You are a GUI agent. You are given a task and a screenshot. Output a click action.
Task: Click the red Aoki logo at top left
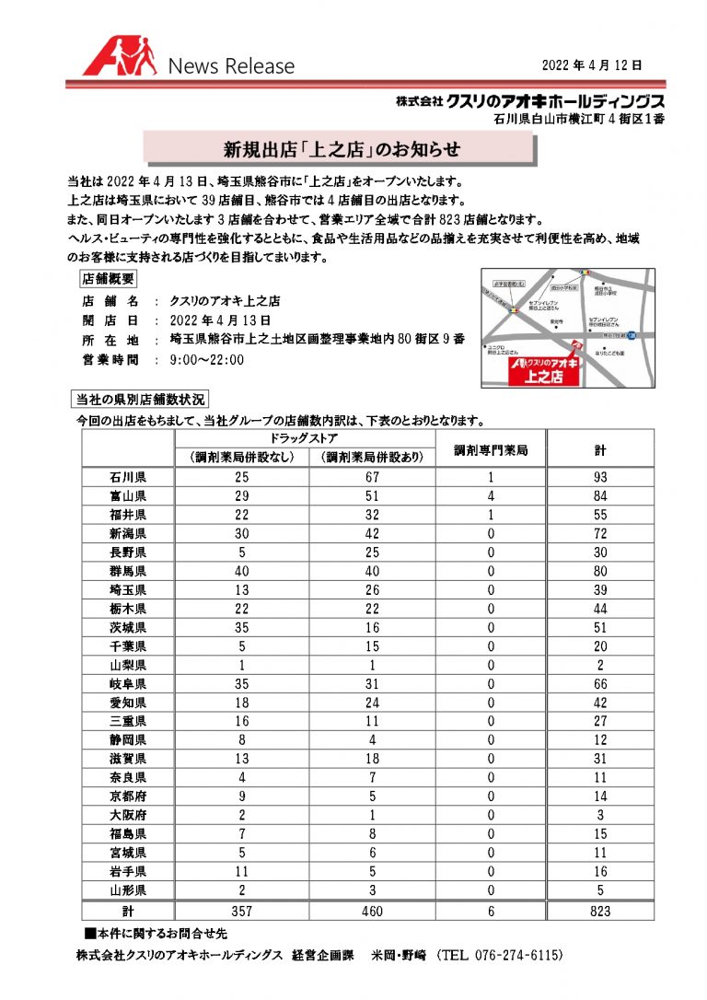(119, 58)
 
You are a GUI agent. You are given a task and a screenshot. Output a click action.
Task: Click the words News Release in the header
(230, 66)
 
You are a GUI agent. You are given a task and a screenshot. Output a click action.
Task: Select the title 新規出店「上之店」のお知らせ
(341, 147)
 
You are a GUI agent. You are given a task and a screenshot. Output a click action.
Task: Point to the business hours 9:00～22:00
(207, 359)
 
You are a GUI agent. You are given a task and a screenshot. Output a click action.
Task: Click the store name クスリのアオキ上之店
(225, 301)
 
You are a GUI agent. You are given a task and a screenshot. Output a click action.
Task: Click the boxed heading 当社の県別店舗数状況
(141, 400)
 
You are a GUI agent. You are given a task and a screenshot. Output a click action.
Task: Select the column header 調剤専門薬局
(491, 450)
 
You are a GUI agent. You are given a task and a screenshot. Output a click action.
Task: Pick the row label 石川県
(128, 478)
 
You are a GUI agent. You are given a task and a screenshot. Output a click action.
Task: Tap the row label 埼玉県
(128, 590)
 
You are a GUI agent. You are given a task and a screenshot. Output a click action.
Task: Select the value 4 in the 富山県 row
(491, 496)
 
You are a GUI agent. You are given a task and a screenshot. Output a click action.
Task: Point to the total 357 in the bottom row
(241, 910)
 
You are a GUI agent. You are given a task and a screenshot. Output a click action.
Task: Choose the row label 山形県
(128, 890)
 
